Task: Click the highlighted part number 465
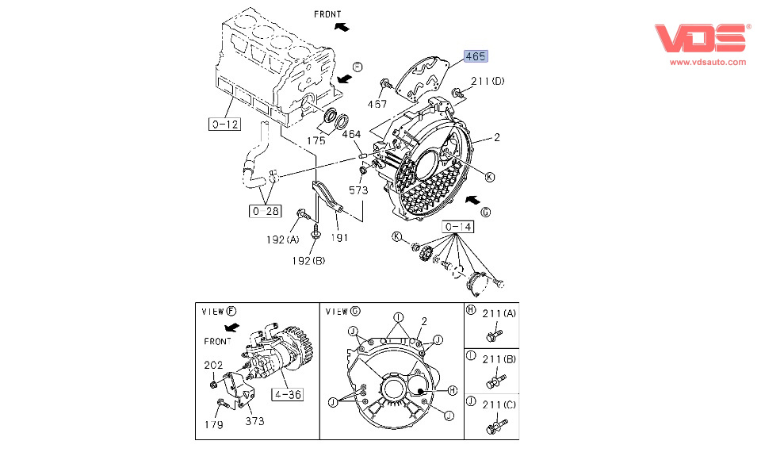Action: coord(476,56)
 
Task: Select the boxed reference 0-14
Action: coord(458,228)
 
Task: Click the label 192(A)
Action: coord(283,239)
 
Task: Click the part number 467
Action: coord(377,104)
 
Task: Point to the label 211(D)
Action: coord(488,82)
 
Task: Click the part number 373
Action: coord(254,422)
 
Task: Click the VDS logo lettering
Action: coord(702,39)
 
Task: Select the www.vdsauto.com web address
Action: coord(708,62)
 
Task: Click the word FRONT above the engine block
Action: coord(327,13)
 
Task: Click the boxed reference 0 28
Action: coord(265,211)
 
